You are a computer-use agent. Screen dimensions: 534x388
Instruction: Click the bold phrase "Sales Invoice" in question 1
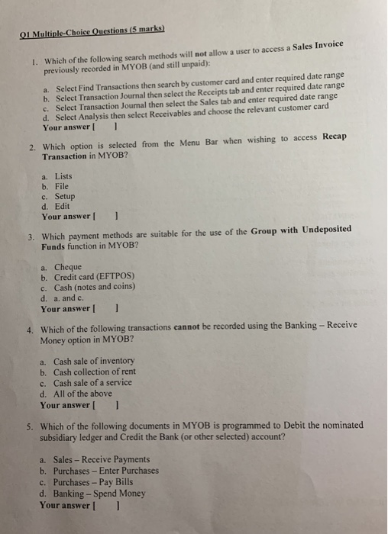coord(317,48)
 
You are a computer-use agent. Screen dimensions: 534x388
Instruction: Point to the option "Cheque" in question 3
coord(67,267)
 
